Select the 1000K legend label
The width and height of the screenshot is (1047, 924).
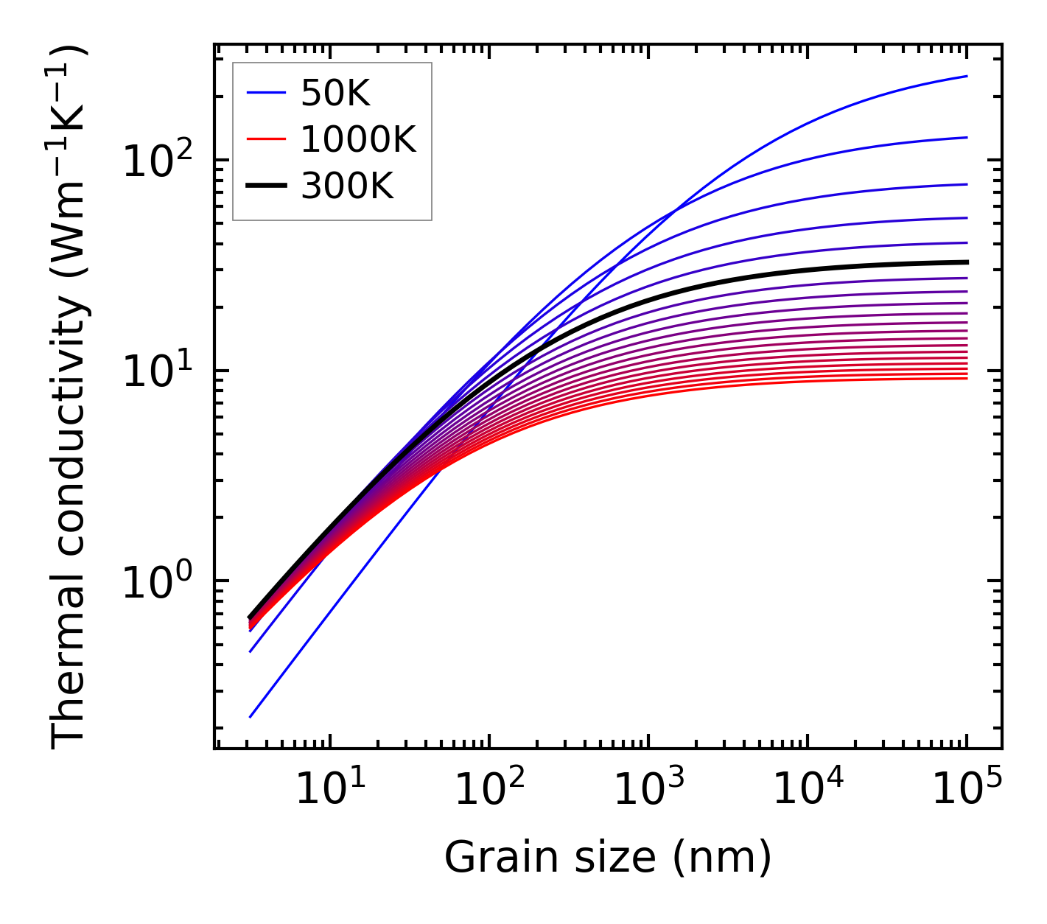[359, 139]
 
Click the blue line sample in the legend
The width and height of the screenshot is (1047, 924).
[265, 93]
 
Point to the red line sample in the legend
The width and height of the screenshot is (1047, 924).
[265, 139]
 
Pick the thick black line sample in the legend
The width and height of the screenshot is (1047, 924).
[265, 186]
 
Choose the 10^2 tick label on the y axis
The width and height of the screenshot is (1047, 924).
[156, 162]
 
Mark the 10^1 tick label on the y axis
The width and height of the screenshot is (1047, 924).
[156, 372]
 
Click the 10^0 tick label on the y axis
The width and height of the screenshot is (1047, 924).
[156, 582]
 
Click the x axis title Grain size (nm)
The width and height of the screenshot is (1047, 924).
[608, 858]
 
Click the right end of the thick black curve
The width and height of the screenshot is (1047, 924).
[967, 262]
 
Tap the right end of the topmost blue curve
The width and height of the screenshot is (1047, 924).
[967, 76]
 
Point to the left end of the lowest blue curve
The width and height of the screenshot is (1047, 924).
[251, 716]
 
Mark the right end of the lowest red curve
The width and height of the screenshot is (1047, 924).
[967, 378]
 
